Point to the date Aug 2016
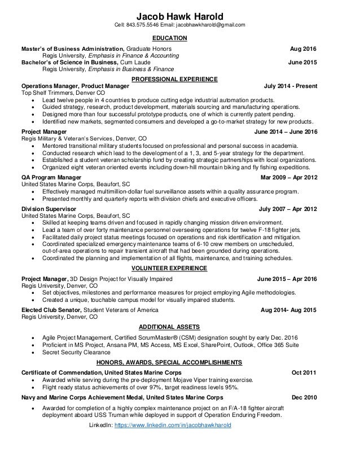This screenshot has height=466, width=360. [x=303, y=49]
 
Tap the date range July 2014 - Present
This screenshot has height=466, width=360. [x=290, y=86]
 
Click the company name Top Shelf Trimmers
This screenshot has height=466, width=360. [x=47, y=93]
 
